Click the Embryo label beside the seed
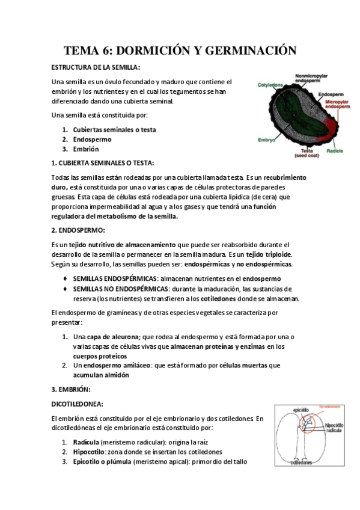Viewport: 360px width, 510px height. pyautogui.click(x=266, y=139)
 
